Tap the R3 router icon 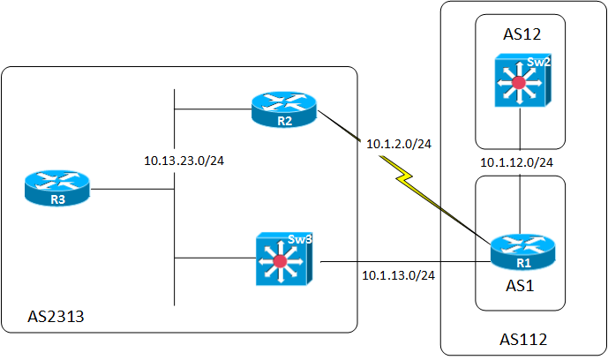click(x=58, y=189)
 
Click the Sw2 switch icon click(x=520, y=82)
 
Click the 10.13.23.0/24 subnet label click(x=184, y=161)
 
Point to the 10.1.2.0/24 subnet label click(x=406, y=143)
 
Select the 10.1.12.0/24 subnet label click(x=517, y=162)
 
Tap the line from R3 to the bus click(x=132, y=189)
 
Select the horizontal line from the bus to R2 click(x=212, y=109)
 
